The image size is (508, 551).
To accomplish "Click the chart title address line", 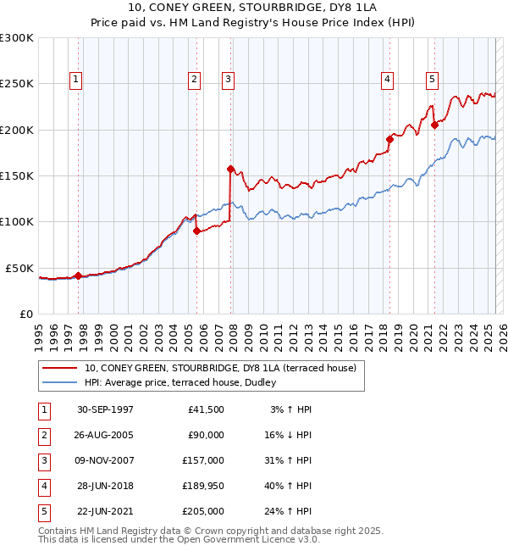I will [253, 8].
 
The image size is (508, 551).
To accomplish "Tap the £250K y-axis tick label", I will [17, 84].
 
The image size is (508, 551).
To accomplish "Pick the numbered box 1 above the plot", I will [76, 80].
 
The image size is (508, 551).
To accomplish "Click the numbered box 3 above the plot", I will [229, 80].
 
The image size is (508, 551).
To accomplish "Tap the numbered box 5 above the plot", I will [433, 80].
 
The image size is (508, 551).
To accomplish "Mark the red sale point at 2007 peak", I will [230, 170].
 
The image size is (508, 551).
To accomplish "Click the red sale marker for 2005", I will [196, 231].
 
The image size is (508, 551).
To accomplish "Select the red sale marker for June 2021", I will [434, 125].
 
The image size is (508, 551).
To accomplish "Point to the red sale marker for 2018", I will [390, 139].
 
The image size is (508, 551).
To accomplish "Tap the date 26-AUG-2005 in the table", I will [105, 435].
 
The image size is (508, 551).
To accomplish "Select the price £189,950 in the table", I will [203, 486].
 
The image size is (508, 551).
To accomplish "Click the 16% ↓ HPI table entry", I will [287, 435].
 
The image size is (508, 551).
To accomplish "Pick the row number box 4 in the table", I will [42, 486].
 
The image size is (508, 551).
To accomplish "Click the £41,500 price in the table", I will [206, 409].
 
